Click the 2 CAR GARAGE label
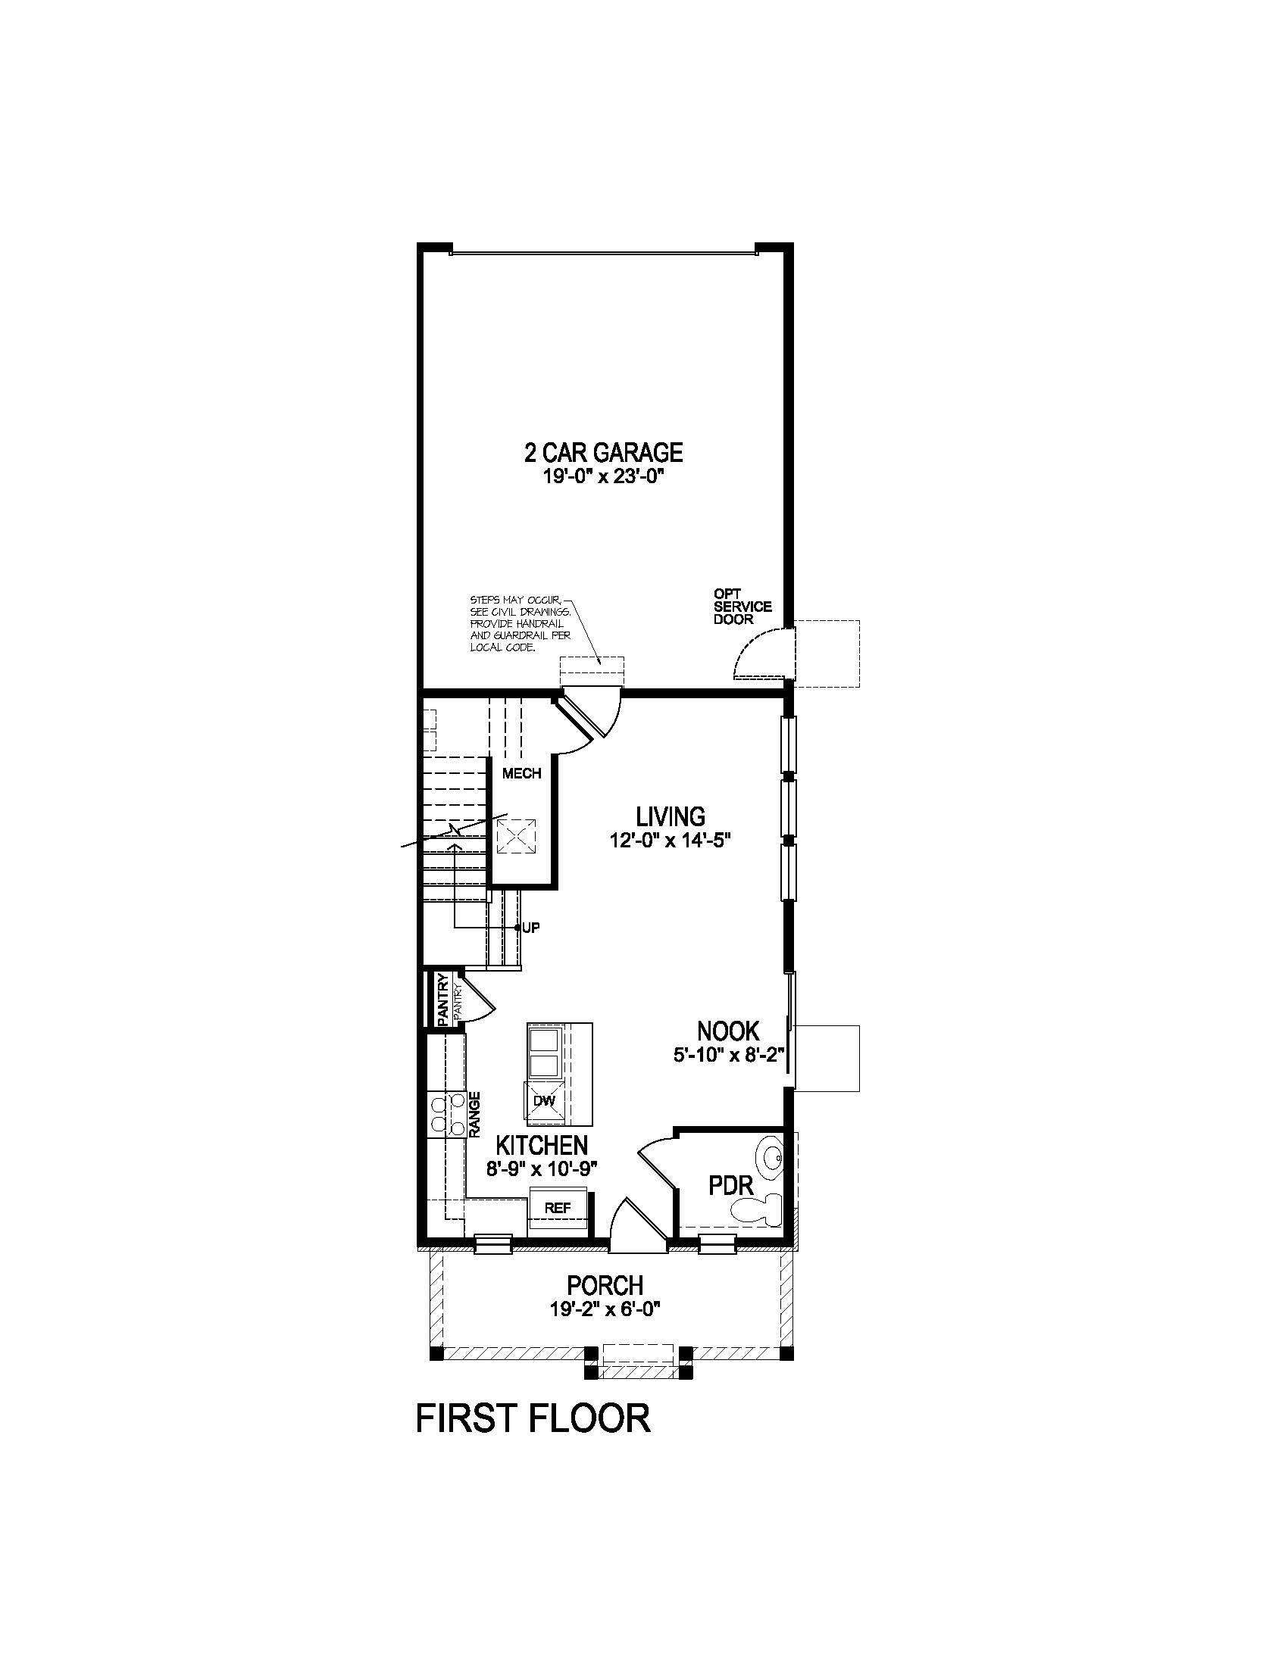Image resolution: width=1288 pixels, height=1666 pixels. click(x=603, y=452)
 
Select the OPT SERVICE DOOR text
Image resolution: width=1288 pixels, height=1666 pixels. click(x=742, y=607)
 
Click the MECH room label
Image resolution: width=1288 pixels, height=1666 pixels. click(x=522, y=773)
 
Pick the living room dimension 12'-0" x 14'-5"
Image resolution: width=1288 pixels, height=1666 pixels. click(x=671, y=840)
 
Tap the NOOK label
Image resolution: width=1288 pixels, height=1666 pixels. click(x=728, y=1031)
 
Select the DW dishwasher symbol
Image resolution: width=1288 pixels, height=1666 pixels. click(x=543, y=1101)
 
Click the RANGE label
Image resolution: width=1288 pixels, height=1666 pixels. click(x=474, y=1115)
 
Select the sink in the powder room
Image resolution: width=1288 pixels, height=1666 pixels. click(x=771, y=1159)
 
